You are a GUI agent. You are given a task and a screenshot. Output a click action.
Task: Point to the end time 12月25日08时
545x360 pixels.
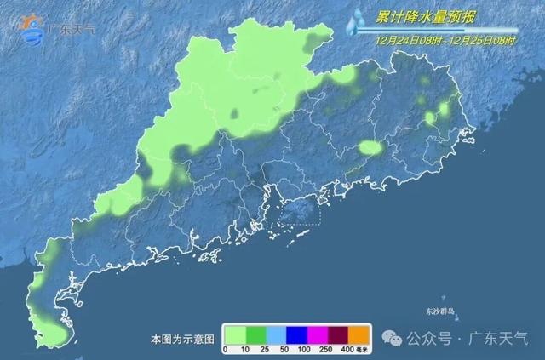(482, 39)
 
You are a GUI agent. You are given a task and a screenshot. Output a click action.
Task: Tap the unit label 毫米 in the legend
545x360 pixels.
(364, 349)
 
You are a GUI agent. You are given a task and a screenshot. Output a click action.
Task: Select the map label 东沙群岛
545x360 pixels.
(440, 311)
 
